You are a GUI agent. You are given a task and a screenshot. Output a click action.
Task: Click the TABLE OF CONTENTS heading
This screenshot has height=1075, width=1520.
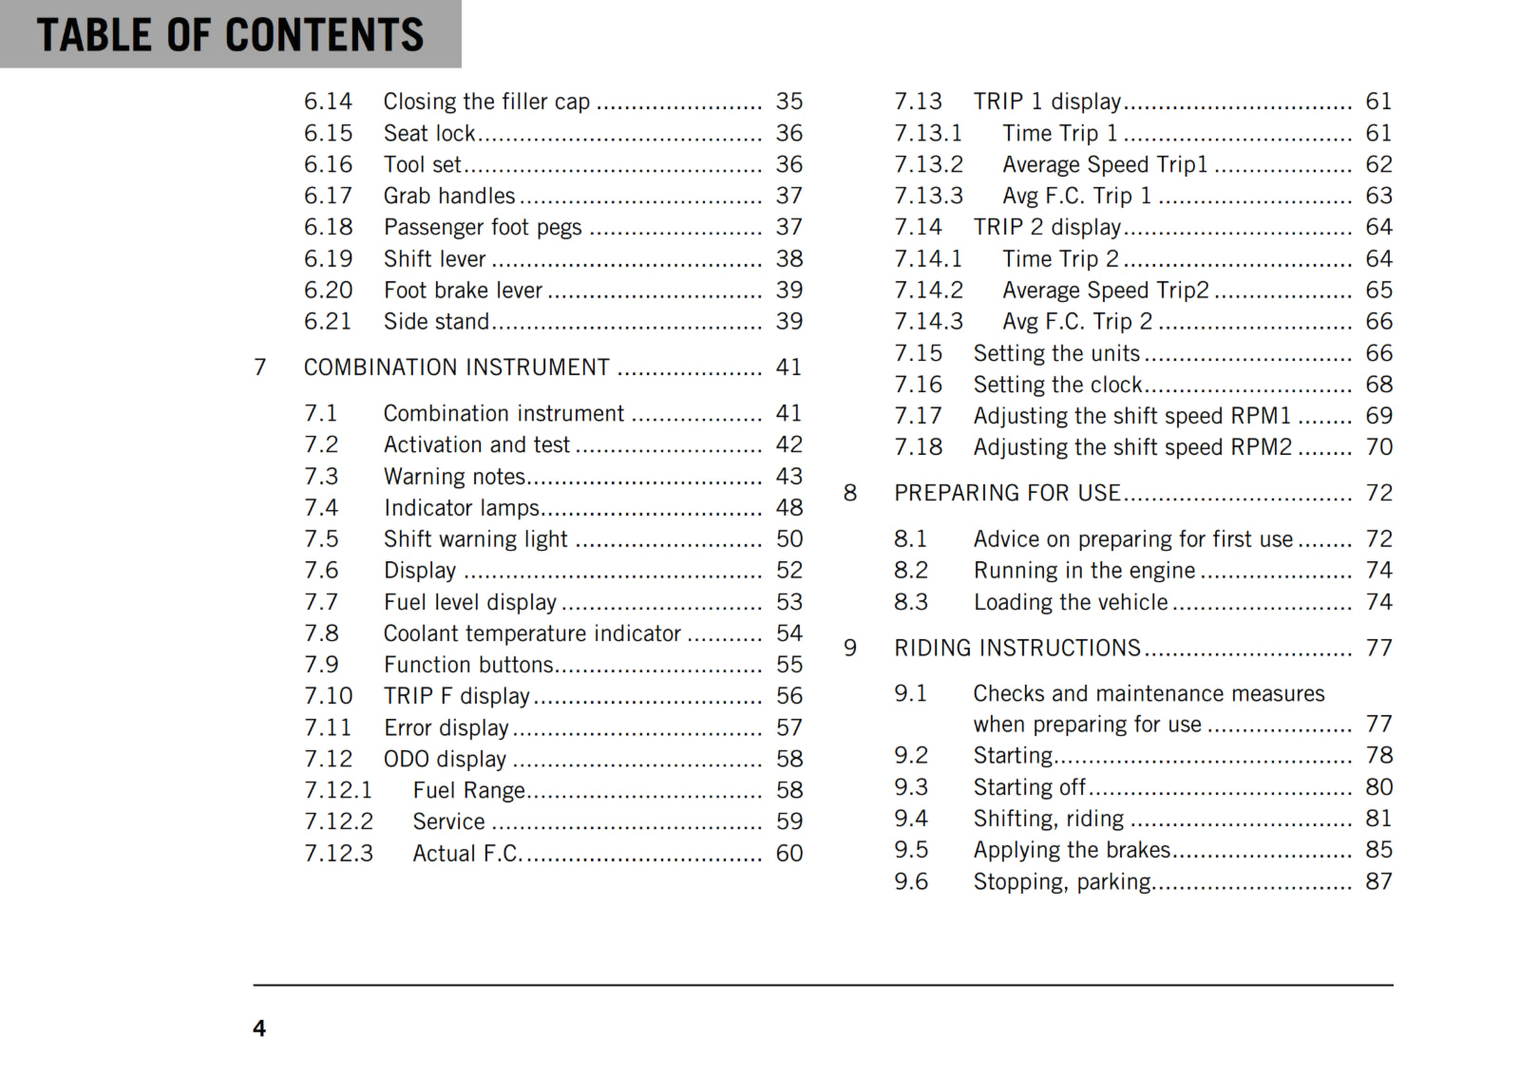(x=230, y=35)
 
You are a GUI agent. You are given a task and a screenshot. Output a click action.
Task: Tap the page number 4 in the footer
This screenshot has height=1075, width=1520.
(x=259, y=1028)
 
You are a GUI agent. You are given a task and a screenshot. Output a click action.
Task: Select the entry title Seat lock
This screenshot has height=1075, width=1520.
(x=429, y=133)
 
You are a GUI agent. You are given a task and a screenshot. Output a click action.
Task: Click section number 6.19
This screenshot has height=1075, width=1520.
(x=328, y=259)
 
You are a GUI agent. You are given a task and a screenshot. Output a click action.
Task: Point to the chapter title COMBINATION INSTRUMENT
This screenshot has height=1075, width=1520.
(x=456, y=368)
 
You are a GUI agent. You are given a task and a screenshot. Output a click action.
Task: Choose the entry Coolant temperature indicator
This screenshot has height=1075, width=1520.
(x=532, y=633)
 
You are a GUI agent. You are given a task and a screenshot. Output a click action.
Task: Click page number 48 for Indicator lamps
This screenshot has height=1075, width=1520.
(x=788, y=508)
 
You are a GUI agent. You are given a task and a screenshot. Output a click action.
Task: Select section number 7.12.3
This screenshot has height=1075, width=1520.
(x=338, y=854)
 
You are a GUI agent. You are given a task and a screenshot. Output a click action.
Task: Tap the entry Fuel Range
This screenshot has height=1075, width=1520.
(x=468, y=790)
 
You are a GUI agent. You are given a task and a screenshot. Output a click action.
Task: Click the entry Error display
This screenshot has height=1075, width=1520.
(x=446, y=728)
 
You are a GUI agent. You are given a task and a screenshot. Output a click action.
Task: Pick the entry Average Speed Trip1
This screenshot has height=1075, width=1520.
(x=1105, y=165)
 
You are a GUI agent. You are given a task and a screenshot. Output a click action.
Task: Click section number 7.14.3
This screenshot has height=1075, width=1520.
(x=928, y=322)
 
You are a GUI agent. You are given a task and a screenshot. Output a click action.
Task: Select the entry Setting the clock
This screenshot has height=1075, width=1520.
(x=1057, y=385)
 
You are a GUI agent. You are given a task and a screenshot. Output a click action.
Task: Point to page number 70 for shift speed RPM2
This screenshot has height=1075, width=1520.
(x=1378, y=447)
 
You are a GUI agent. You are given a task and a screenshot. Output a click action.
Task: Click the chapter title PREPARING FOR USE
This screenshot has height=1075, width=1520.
(x=1007, y=493)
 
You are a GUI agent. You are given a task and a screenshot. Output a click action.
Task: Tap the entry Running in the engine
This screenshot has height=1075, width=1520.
(x=1084, y=571)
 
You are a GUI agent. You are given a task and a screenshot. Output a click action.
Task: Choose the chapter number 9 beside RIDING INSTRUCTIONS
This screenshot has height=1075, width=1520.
(x=850, y=649)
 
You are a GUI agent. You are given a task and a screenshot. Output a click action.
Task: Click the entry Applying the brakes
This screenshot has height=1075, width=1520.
(x=1072, y=850)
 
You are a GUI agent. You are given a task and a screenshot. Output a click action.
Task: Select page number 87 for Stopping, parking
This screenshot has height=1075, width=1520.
(x=1378, y=882)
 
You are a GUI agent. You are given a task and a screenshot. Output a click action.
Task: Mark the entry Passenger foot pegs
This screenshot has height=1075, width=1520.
(x=483, y=228)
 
